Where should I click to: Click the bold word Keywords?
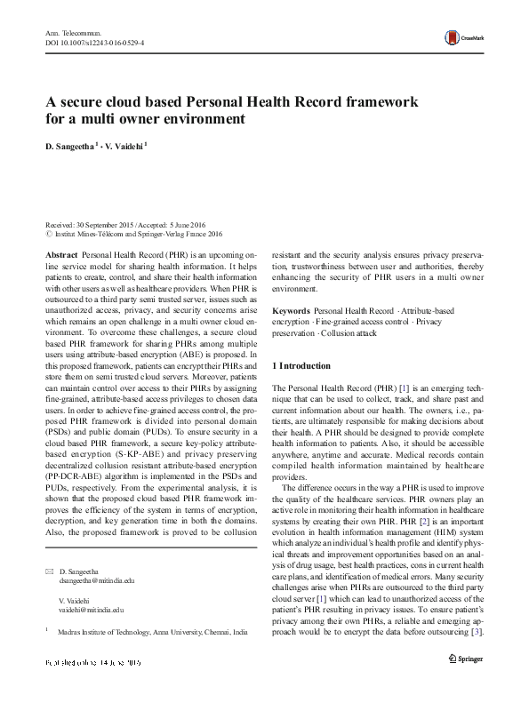[x=291, y=311]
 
